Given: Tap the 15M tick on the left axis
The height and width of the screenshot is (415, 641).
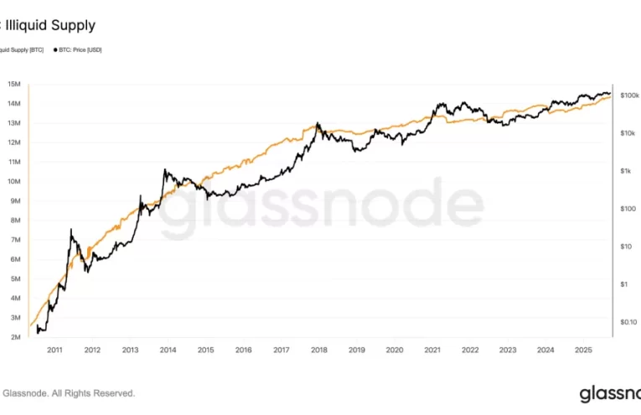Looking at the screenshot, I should (14, 84).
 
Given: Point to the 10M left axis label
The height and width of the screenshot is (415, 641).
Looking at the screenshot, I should (14, 181).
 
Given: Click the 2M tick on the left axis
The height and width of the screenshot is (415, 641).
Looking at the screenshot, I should (16, 337).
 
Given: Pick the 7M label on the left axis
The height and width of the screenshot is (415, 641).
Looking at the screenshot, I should (16, 240).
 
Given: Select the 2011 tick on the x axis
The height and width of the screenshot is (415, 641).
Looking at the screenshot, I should (54, 350).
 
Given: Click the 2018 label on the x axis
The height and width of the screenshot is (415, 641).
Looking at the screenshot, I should (319, 350).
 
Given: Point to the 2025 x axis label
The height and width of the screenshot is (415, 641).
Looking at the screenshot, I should (583, 350).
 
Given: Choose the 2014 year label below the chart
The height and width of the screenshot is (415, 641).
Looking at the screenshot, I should (168, 350).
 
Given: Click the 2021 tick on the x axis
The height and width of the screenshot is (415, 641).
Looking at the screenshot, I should (432, 350).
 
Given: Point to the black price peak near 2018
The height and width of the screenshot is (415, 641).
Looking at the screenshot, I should (318, 123).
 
